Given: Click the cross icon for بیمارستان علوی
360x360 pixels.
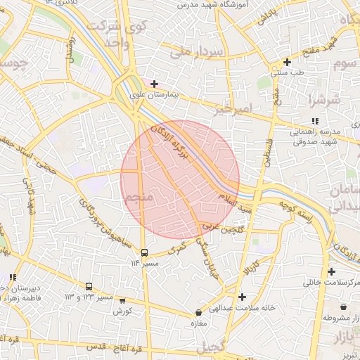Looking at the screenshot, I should [x=154, y=84].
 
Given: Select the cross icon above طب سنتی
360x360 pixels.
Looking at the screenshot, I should [x=286, y=62].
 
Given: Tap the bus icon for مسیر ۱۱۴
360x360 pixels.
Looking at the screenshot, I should [x=144, y=252].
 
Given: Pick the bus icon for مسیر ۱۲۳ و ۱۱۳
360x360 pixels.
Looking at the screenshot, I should [x=89, y=287].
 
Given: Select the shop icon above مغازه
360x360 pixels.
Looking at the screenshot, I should [x=198, y=312].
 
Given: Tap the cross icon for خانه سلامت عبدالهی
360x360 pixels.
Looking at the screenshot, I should [x=242, y=297].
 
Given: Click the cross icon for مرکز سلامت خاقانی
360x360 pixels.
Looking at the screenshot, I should [x=330, y=271].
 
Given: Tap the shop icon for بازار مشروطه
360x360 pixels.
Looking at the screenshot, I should [x=343, y=307].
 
